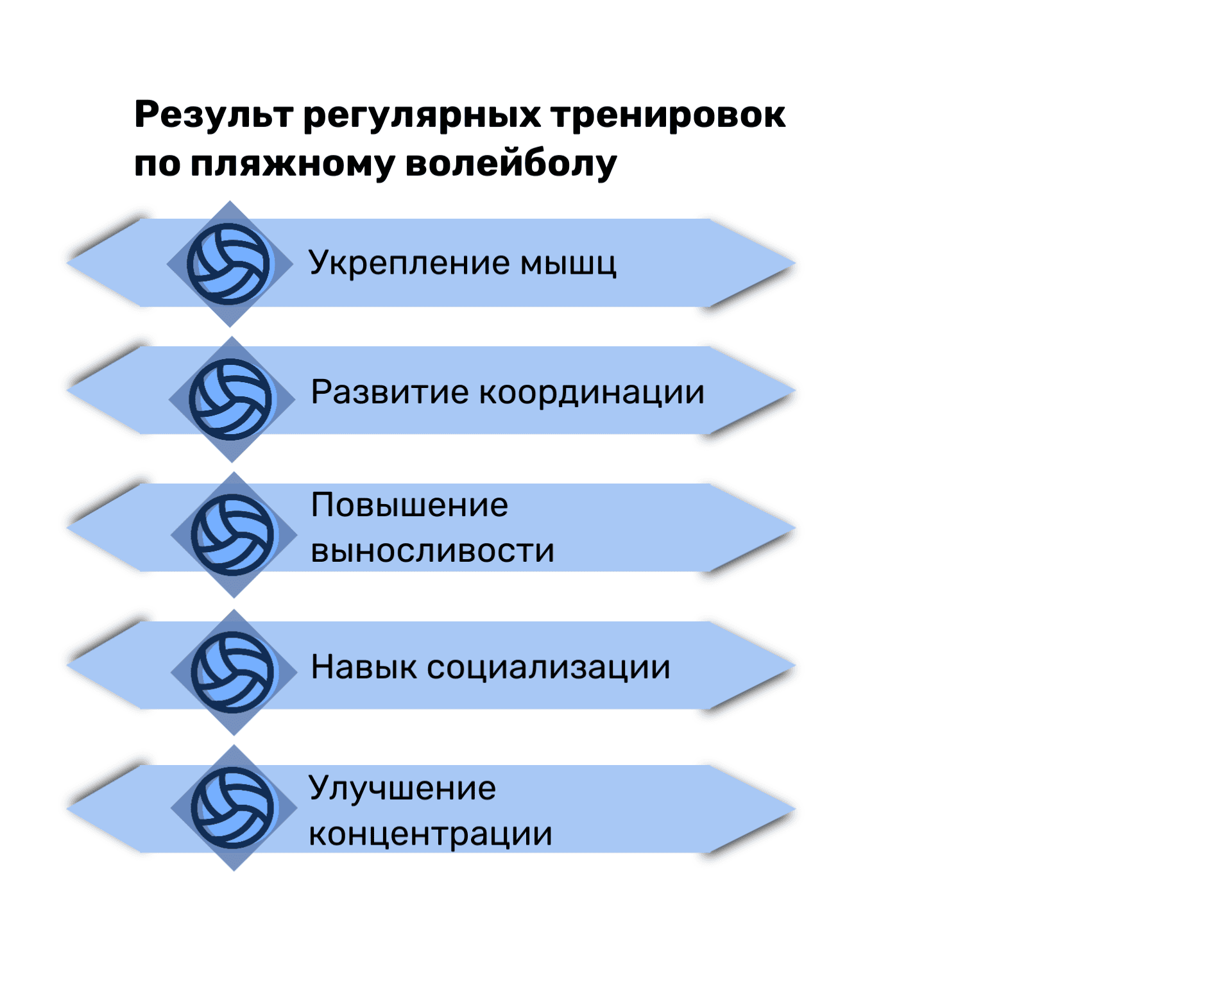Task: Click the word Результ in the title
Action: [214, 115]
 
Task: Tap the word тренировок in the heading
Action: [668, 115]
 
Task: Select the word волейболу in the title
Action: [511, 164]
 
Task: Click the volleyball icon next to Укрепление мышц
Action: [228, 264]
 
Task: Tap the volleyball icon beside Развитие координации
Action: [230, 399]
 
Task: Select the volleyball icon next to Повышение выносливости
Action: [232, 535]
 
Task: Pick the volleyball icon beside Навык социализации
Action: [232, 672]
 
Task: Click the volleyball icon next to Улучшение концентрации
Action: [232, 808]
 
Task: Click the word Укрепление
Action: [409, 263]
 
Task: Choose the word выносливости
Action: [433, 551]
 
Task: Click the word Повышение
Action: [410, 505]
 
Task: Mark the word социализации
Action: [549, 668]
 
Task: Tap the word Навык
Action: [364, 667]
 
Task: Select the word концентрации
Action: [431, 835]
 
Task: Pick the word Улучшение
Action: [402, 789]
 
